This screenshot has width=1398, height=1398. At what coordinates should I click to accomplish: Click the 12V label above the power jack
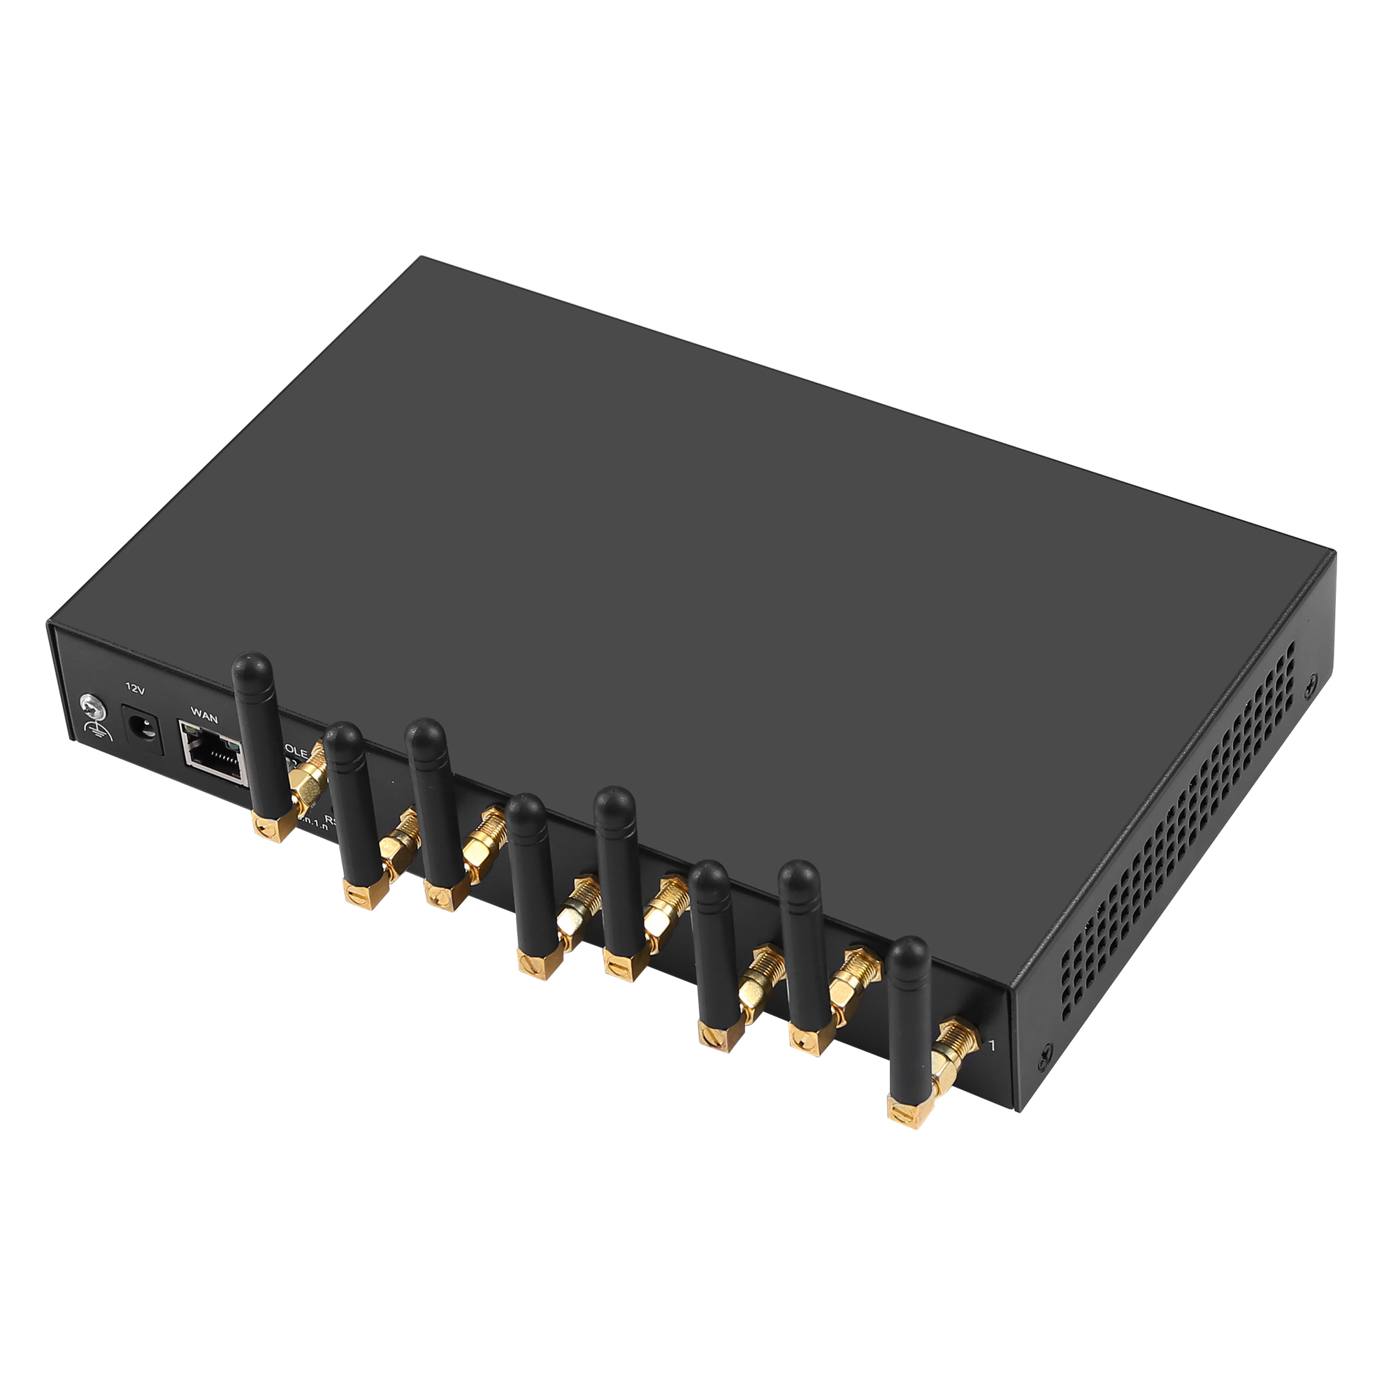136,689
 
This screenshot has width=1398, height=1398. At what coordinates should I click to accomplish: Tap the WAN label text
204,717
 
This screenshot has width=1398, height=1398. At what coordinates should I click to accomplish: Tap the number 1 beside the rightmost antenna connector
992,1046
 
